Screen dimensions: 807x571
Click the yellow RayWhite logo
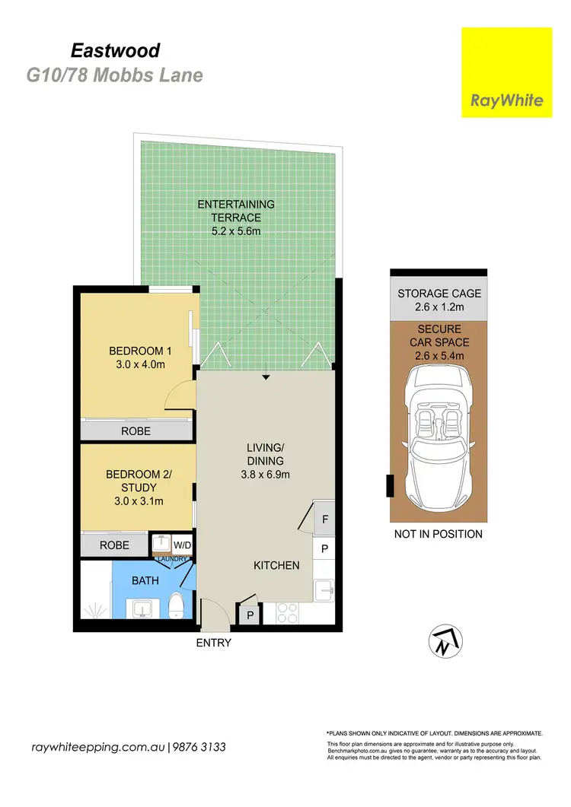coord(506,72)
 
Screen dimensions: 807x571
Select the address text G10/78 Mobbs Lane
coord(114,75)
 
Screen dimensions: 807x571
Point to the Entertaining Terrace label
coord(236,211)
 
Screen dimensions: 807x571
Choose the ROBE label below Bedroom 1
coord(136,431)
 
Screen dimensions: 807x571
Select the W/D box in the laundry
coord(182,545)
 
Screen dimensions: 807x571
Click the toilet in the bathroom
coord(177,605)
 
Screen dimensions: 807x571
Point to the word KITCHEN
coord(276,565)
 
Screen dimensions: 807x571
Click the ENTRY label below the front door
coord(213,643)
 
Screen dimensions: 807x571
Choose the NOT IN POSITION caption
coord(438,534)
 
